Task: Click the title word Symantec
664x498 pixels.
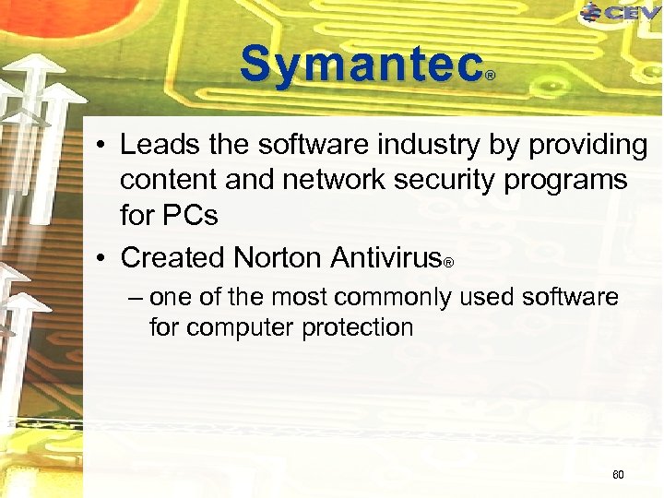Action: coord(361,65)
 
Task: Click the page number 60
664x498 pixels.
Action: coord(618,475)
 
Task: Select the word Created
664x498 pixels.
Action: coord(172,256)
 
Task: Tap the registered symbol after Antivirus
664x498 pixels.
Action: coord(448,263)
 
